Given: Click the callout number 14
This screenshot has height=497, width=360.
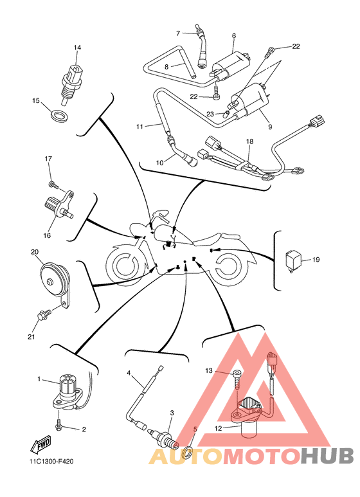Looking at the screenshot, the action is (x=77, y=48).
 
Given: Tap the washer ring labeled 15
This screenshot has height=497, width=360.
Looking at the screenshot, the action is (x=59, y=116).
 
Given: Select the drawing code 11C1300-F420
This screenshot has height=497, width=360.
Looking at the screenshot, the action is (x=51, y=462).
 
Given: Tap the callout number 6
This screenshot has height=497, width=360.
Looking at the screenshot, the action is (x=234, y=36).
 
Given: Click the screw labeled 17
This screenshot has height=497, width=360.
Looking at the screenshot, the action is (x=53, y=185).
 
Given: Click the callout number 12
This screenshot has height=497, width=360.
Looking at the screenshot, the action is (x=218, y=429).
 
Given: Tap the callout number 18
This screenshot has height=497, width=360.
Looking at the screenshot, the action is (x=249, y=141).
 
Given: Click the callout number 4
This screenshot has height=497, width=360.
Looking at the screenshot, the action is (x=129, y=373).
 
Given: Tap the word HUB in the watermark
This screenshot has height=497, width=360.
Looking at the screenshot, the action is (x=327, y=456).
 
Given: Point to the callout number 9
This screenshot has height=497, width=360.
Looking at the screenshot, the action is (x=270, y=127).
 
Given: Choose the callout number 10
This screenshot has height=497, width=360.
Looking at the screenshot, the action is (x=159, y=163).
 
